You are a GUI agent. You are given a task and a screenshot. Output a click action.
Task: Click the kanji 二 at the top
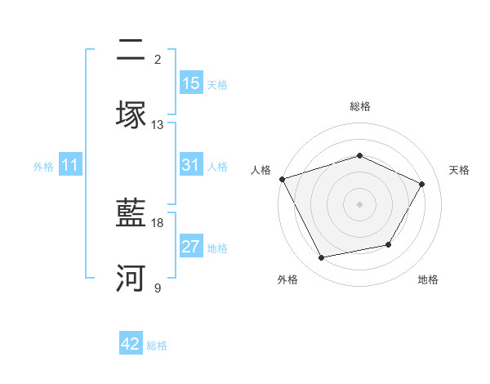coord(131,51)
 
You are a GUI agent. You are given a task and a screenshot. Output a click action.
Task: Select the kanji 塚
coord(131,115)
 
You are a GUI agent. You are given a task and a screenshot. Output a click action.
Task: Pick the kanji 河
coord(131,279)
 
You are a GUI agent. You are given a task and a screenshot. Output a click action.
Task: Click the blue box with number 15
coord(191,83)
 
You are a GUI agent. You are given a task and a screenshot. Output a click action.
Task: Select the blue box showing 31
coord(191,165)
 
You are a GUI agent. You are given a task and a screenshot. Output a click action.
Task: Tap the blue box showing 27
coord(191,247)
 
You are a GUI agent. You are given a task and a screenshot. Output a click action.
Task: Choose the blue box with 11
coord(70,165)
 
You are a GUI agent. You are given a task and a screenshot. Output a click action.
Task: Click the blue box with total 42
coord(131,344)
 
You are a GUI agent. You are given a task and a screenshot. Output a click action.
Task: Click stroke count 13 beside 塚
coord(158,125)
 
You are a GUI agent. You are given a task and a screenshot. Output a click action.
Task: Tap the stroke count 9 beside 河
coord(158,288)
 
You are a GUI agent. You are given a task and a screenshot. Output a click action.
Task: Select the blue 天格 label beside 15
coord(217,84)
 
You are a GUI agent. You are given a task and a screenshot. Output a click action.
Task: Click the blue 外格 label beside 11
coord(43,166)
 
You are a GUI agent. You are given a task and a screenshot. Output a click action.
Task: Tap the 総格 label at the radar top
coord(359,106)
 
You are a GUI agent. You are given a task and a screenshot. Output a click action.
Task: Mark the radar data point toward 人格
coord(282,179)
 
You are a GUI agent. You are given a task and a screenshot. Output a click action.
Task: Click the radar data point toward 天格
coord(422,184)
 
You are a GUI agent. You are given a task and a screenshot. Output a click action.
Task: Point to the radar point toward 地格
coord(389,244)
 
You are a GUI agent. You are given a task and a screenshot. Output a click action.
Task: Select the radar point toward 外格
coord(322,257)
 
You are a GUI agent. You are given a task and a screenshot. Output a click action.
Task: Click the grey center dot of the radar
coord(359,203)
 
